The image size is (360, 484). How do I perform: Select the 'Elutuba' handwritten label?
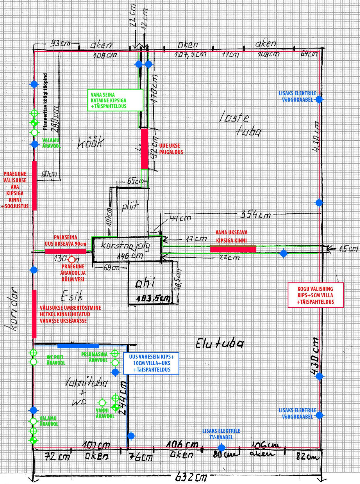click(x=220, y=343)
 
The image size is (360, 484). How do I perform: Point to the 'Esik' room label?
click(x=72, y=296)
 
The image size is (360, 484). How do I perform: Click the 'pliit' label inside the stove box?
click(x=130, y=207)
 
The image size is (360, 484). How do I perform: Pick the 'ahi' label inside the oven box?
click(x=145, y=283)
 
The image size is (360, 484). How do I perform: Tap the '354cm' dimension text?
click(x=256, y=215)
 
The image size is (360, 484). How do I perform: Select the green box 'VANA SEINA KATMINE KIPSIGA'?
click(x=115, y=100)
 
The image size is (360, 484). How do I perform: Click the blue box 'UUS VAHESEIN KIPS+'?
click(x=151, y=363)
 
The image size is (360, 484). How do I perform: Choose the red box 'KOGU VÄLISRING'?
click(x=315, y=295)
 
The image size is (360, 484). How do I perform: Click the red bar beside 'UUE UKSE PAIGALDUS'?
click(x=144, y=149)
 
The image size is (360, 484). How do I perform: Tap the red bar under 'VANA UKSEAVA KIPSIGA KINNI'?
click(x=233, y=249)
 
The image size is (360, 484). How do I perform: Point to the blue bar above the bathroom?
click(x=78, y=346)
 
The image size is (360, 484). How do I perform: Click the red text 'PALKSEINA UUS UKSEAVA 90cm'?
click(x=65, y=241)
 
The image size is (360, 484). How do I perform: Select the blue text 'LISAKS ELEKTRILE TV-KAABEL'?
click(x=221, y=434)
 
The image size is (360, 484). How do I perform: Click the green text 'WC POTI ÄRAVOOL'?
click(x=56, y=360)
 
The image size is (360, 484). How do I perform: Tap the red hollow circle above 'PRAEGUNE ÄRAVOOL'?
click(x=72, y=260)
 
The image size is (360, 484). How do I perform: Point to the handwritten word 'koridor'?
click(x=12, y=309)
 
